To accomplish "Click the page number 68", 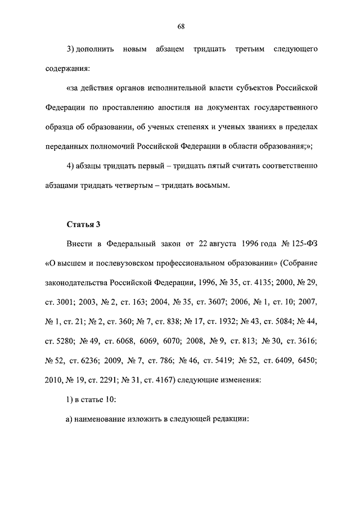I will coord(180,26).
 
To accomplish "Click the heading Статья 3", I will coord(83,224).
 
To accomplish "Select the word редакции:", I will coord(229,418).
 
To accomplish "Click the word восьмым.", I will coord(213,186).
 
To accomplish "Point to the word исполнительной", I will coord(186,88).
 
